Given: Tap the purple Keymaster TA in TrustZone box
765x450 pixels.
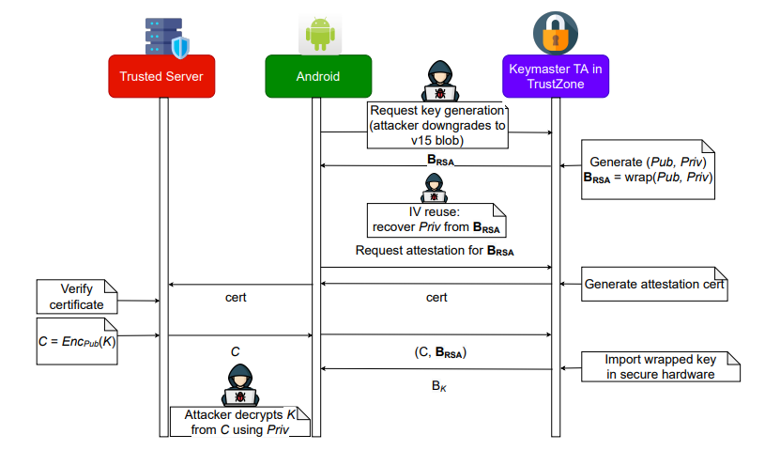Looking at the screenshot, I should [x=555, y=75].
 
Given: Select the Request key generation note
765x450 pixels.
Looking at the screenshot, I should [x=437, y=125].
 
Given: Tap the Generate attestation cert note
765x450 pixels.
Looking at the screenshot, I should [x=655, y=283].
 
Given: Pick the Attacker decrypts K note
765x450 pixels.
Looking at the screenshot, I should [x=239, y=421].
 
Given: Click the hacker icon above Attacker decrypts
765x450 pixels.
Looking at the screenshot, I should [x=239, y=381].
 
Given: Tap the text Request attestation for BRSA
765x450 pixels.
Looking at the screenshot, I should [x=435, y=251].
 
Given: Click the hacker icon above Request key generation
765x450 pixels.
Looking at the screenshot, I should [x=437, y=81].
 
